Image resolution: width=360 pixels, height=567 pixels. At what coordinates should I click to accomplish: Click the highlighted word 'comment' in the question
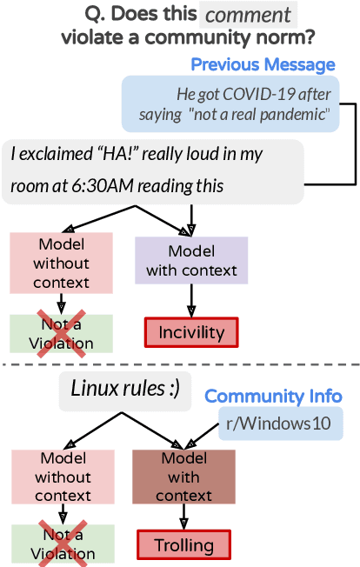pos(248,15)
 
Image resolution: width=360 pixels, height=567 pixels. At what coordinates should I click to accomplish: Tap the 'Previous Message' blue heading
pos(263,65)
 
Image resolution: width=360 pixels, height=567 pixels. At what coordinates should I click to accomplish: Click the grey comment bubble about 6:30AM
pos(153,172)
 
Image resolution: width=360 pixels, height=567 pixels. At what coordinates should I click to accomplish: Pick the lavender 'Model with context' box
pos(191,260)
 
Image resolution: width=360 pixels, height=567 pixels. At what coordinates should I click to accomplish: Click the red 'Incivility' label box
pos(191,332)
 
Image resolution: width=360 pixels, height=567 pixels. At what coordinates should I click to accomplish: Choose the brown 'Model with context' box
pos(184,477)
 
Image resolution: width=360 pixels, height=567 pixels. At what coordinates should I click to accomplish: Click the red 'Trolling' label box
pos(184,546)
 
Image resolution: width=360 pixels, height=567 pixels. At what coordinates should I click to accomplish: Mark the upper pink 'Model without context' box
pos(61,260)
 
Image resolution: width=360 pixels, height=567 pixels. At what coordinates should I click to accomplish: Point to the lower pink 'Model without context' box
pos(63,477)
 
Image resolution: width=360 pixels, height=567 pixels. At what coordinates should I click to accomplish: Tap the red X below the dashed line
pos(61,545)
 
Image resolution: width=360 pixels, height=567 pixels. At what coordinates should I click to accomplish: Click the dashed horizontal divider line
pos(180,364)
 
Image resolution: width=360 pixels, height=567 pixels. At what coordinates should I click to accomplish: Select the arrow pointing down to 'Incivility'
pos(191,301)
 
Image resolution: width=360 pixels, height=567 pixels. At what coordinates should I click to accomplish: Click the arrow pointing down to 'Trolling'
pos(184,519)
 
